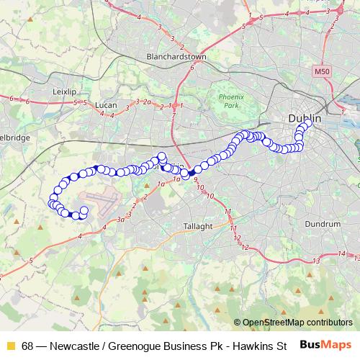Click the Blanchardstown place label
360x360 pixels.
[x=176, y=56]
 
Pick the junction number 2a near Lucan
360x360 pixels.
[x=147, y=102]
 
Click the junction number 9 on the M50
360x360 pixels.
[x=195, y=181]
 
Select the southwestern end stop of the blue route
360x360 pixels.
[x=83, y=211]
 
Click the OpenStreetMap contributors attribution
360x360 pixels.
[x=297, y=323]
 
